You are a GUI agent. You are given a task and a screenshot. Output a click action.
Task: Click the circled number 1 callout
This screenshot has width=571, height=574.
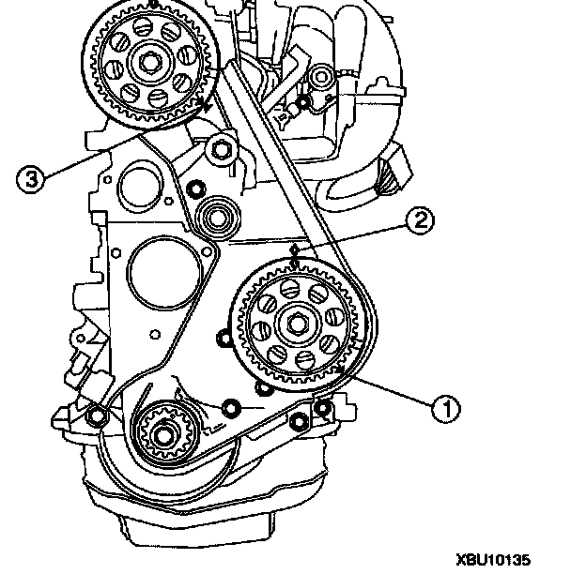point(445,406)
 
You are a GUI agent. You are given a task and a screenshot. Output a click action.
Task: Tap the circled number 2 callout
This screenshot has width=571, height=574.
point(419,220)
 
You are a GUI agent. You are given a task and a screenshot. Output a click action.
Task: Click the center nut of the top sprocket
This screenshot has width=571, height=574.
point(150,66)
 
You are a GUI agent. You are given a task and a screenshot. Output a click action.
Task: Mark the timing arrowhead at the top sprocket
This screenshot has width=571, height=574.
point(205,108)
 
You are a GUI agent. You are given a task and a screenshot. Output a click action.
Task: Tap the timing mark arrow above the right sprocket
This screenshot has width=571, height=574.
point(297,253)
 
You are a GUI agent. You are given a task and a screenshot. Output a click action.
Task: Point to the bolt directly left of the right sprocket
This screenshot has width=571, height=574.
point(222,339)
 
